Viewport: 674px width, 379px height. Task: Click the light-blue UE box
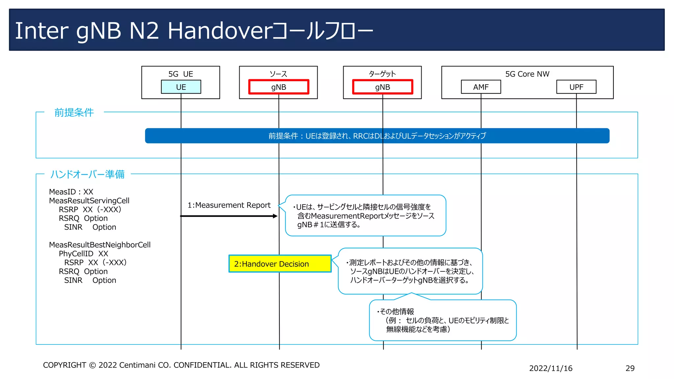[181, 87]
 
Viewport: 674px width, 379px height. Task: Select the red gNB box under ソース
[278, 87]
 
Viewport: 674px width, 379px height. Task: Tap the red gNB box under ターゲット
[382, 87]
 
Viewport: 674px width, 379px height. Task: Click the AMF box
[481, 87]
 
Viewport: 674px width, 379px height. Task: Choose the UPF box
[576, 87]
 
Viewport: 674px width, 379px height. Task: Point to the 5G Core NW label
[527, 74]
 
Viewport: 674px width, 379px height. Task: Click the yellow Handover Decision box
[280, 264]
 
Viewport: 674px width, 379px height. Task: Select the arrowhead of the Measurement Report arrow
[275, 216]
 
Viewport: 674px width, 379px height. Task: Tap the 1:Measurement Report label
[229, 205]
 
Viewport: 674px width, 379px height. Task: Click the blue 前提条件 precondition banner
[377, 136]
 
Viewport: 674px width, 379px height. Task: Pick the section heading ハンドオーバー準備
[87, 174]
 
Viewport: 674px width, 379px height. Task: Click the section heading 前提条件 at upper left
[74, 113]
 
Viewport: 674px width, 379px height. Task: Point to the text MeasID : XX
[71, 192]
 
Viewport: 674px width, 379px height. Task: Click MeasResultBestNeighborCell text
[100, 245]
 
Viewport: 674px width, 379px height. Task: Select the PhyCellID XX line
[83, 254]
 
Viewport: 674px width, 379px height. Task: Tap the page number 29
[630, 368]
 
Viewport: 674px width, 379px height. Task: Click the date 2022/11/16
[551, 368]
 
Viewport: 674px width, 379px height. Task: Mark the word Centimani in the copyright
[137, 365]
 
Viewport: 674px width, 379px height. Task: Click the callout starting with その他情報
[443, 320]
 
